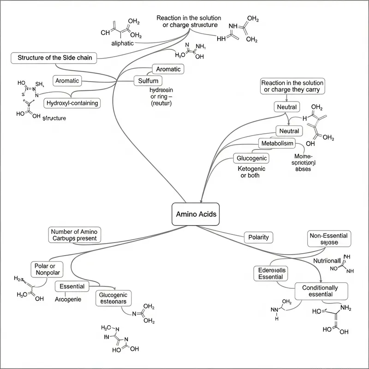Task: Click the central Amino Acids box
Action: pyautogui.click(x=196, y=214)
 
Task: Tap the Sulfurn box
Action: pyautogui.click(x=148, y=81)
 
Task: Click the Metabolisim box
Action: pyautogui.click(x=277, y=143)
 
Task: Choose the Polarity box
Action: pyautogui.click(x=258, y=237)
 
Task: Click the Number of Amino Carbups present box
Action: pyautogui.click(x=74, y=235)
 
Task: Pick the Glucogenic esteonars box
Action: pyautogui.click(x=113, y=298)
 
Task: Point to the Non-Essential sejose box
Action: pyautogui.click(x=329, y=238)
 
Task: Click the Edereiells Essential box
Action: pyautogui.click(x=270, y=274)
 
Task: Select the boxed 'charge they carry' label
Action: pyautogui.click(x=292, y=86)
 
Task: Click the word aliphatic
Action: pyautogui.click(x=123, y=43)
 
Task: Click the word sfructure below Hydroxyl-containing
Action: pyautogui.click(x=54, y=118)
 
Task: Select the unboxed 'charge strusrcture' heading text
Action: pyautogui.click(x=189, y=21)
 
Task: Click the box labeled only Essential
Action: pyautogui.click(x=72, y=286)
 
